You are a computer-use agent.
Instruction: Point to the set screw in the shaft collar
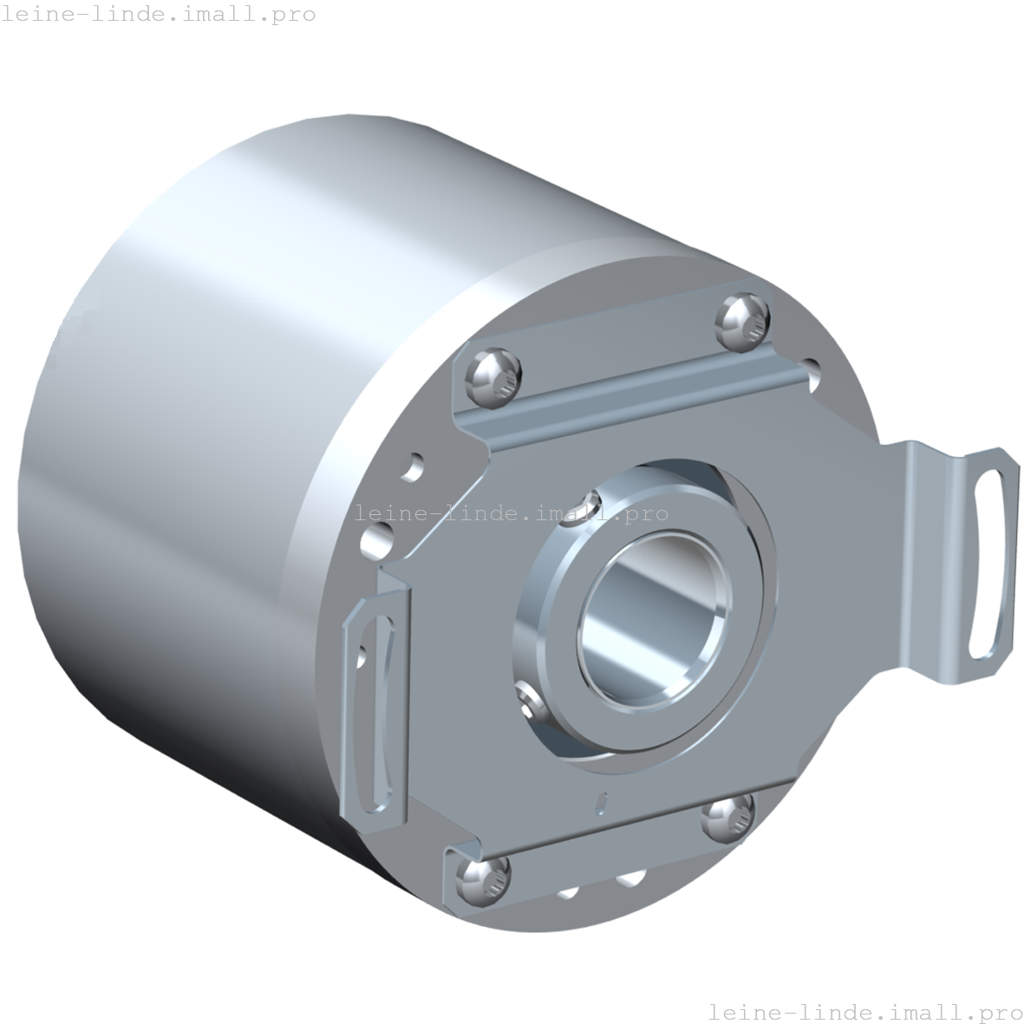(x=531, y=705)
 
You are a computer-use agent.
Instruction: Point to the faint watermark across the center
(x=512, y=513)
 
